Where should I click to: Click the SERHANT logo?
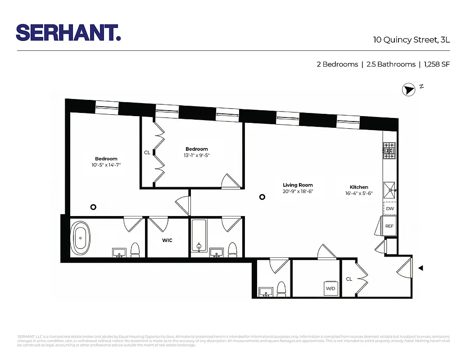click(x=68, y=32)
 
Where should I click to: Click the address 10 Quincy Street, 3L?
click(x=411, y=40)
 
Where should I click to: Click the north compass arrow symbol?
click(x=408, y=90)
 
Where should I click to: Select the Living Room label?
click(x=298, y=185)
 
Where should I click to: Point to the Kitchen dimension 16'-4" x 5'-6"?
click(x=359, y=193)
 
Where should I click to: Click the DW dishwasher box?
click(x=390, y=209)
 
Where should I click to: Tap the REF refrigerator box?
click(x=389, y=226)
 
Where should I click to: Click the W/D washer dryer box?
click(x=330, y=288)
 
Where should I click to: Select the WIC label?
click(x=167, y=240)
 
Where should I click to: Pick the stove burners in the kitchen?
click(x=389, y=150)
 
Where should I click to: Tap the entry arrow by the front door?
click(x=421, y=268)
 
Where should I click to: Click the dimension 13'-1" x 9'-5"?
click(x=197, y=156)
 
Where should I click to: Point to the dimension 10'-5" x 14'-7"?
click(x=106, y=165)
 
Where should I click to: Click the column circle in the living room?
click(x=262, y=197)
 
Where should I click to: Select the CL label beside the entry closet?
click(x=349, y=279)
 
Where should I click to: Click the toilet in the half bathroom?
click(x=281, y=289)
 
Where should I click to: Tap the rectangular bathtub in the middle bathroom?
click(x=198, y=236)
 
